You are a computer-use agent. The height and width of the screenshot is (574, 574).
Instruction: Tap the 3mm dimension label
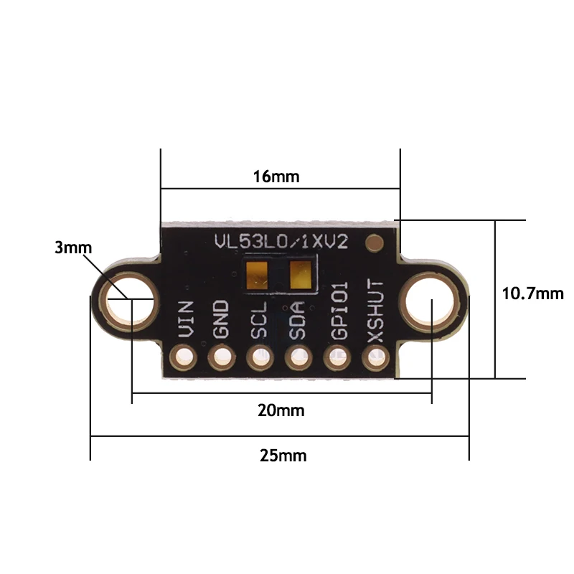73,248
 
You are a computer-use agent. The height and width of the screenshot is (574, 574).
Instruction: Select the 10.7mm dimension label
532,293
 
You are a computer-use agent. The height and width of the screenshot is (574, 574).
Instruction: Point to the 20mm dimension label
281,410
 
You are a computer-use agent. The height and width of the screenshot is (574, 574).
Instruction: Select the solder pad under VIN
184,357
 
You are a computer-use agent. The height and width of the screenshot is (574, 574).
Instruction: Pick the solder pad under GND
222,357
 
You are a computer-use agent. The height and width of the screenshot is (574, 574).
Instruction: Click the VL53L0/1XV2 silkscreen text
281,242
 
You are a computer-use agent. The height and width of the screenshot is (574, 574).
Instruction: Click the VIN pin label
185,320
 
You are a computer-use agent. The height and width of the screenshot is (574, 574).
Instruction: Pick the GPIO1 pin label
338,311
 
